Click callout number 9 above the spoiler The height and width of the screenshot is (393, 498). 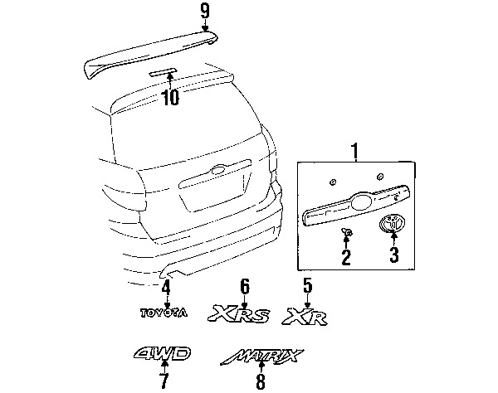point(205,12)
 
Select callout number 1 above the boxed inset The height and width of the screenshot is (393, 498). point(354,152)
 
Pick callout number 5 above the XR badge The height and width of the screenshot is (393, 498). point(307,286)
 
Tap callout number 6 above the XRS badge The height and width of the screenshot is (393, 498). point(245,286)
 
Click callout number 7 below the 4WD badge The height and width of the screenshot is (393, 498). point(164,381)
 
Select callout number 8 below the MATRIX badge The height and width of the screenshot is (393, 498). point(261,381)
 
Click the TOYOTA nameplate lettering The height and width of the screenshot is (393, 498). point(164,313)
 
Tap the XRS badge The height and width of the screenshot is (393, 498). point(239,313)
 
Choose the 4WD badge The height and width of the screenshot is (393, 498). point(163,354)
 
